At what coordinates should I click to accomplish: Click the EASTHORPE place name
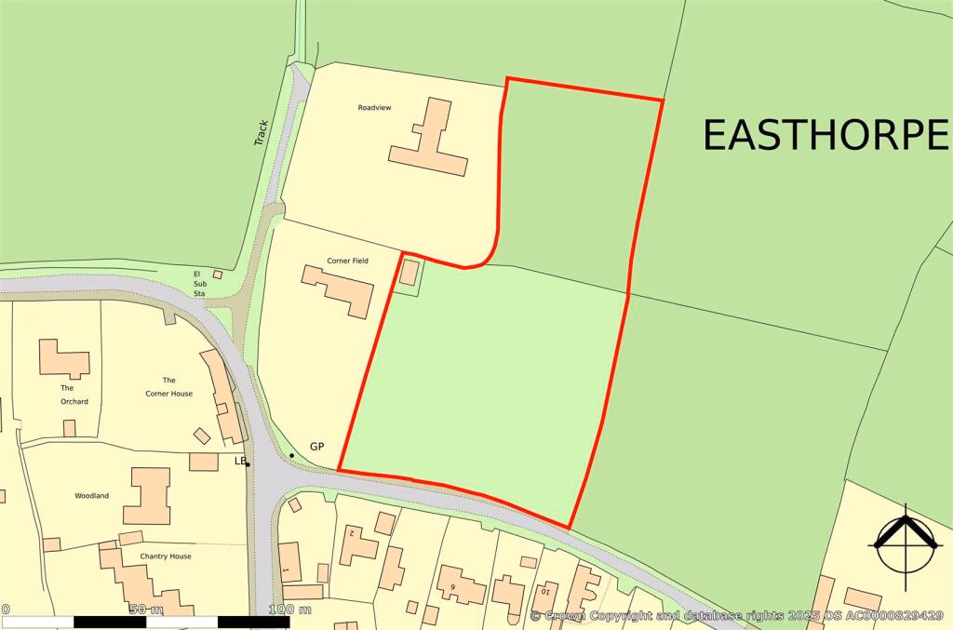pos(825,136)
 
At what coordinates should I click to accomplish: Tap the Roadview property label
pos(374,108)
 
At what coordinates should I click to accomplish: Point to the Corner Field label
pos(347,261)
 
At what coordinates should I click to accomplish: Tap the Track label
pos(262,132)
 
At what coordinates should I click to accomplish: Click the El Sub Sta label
pos(197,283)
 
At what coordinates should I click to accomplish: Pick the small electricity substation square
pos(218,275)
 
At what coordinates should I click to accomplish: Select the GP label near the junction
pos(315,448)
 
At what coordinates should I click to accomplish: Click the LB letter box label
pos(239,461)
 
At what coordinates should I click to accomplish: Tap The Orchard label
pos(74,395)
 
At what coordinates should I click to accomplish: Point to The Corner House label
pos(168,386)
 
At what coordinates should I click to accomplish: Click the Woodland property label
pos(92,496)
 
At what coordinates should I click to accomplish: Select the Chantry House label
pos(140,556)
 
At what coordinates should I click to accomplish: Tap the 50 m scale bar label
pos(145,610)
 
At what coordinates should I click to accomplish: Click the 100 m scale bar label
pos(290,610)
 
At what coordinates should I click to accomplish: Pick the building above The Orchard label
pos(63,358)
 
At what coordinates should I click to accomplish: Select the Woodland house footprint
pos(147,495)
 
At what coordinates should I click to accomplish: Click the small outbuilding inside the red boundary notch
pos(409,272)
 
